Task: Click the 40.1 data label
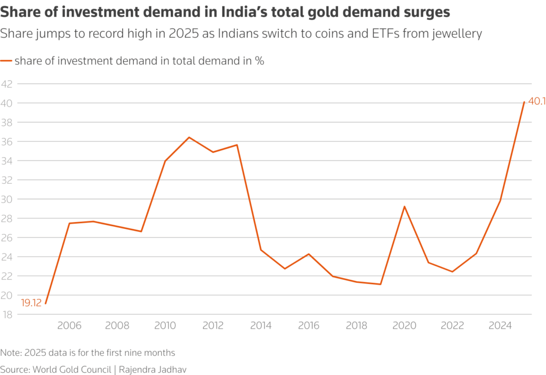tap(535, 101)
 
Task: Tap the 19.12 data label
tap(31, 303)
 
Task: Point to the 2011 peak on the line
tap(189, 137)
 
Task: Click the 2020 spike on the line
tap(404, 206)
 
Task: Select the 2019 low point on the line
tap(380, 284)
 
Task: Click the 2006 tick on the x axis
tap(69, 325)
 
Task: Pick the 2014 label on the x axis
tap(261, 325)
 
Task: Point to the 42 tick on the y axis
tap(7, 84)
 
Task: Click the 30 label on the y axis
tap(7, 199)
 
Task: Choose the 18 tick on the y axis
tap(7, 314)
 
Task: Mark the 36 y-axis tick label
tap(7, 142)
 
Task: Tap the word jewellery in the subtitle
tap(459, 34)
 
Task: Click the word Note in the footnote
tap(11, 353)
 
